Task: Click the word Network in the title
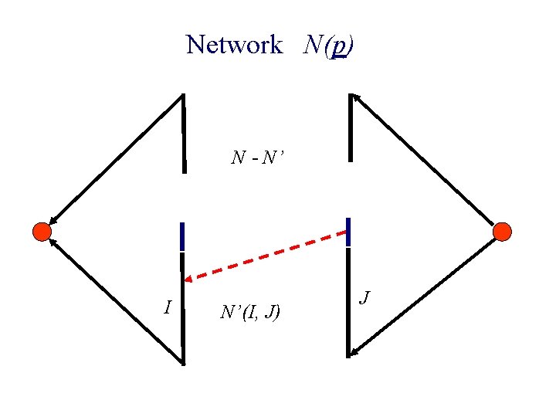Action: [234, 45]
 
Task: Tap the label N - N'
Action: [258, 158]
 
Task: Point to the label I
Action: [168, 307]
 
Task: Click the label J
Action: [367, 297]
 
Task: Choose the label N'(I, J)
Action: [250, 312]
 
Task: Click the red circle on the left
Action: [42, 231]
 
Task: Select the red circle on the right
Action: [502, 231]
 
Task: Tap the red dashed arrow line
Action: [266, 255]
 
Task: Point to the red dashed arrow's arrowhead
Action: [190, 276]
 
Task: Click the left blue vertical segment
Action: [181, 236]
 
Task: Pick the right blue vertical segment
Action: [349, 232]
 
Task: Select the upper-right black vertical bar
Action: [351, 127]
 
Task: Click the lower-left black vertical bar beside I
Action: [183, 317]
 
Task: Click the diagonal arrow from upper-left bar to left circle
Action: [116, 158]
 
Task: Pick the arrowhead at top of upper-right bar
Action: [354, 98]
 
